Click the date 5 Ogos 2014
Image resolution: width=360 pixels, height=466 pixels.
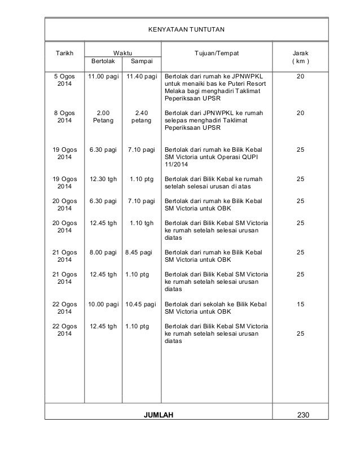click(63, 79)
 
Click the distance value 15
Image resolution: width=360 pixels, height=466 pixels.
click(300, 304)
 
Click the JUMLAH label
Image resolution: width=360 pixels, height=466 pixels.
click(159, 415)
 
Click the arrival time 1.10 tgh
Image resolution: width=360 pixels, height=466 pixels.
click(141, 222)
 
